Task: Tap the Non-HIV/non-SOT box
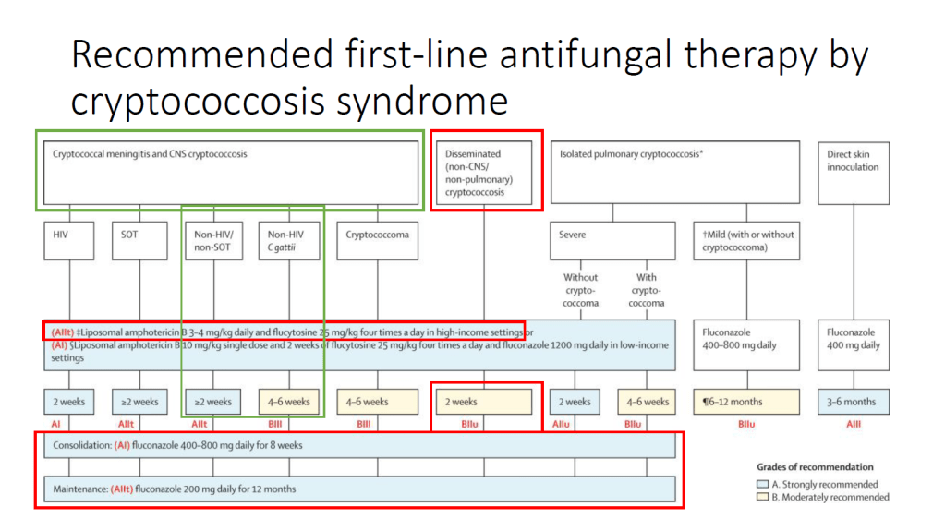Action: pos(212,240)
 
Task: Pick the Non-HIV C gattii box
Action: pos(289,240)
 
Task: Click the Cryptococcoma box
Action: pos(377,240)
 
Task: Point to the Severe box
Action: pos(613,240)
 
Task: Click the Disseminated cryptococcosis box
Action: pos(485,171)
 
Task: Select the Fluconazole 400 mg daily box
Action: pos(854,344)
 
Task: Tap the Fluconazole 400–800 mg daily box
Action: pos(745,344)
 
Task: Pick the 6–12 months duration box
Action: pos(745,402)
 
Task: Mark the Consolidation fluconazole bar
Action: pos(359,445)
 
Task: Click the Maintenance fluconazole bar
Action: pos(359,489)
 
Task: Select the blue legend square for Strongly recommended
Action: pos(762,484)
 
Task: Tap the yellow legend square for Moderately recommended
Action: pos(762,497)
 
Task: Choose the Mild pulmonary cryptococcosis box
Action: pos(745,240)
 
